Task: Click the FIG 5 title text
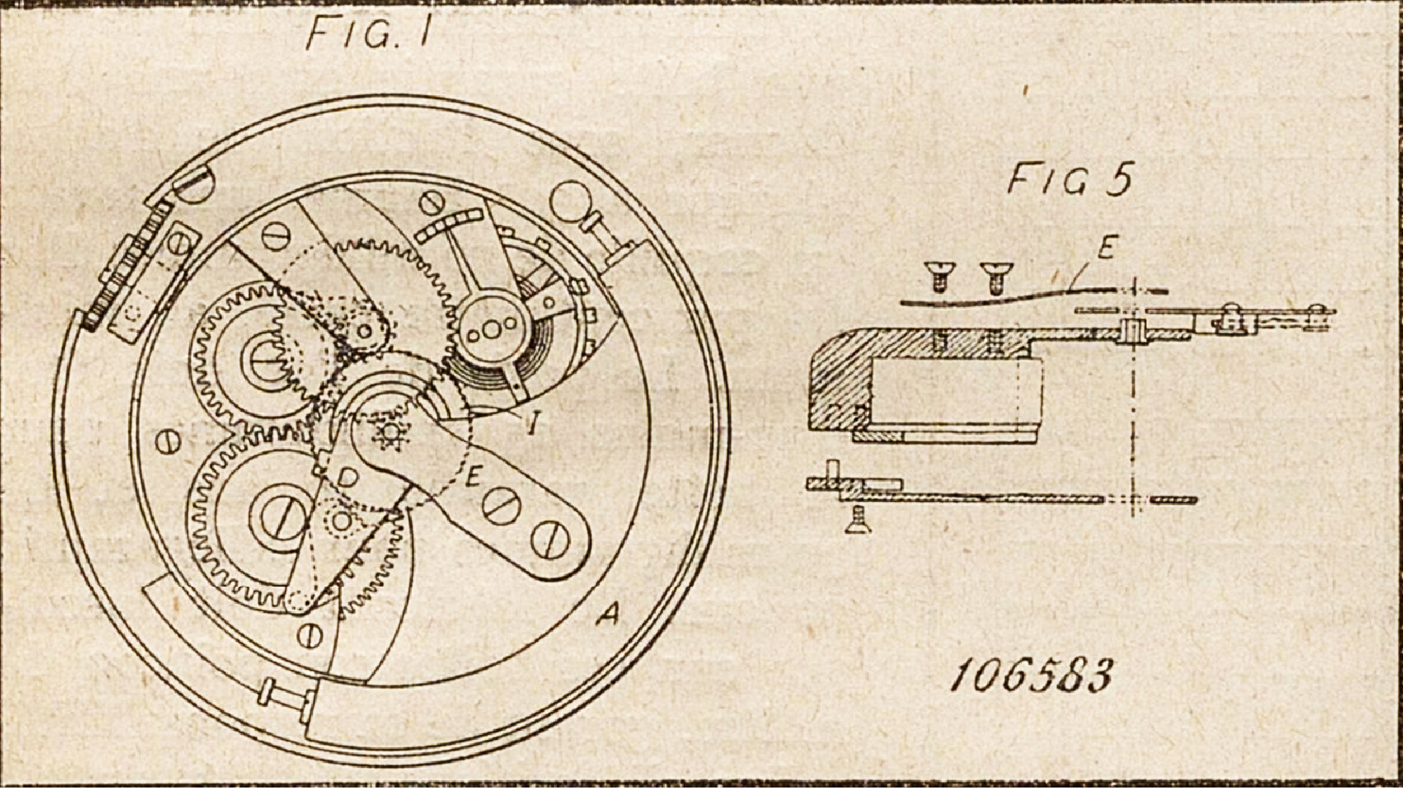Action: (1071, 180)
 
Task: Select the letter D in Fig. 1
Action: (348, 477)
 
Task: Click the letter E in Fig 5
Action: (1106, 248)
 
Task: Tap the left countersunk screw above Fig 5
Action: (935, 275)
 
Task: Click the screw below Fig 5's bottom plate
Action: (853, 520)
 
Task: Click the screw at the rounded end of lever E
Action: (550, 540)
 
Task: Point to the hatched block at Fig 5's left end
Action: (840, 380)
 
